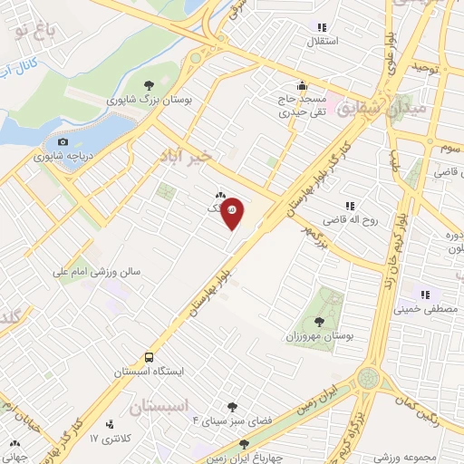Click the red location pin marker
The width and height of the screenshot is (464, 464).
pos(233,212)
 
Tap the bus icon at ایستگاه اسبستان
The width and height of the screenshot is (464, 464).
pos(149,356)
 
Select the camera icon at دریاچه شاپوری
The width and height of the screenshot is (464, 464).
pos(63,141)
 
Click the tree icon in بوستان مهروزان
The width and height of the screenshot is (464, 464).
pos(318,321)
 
